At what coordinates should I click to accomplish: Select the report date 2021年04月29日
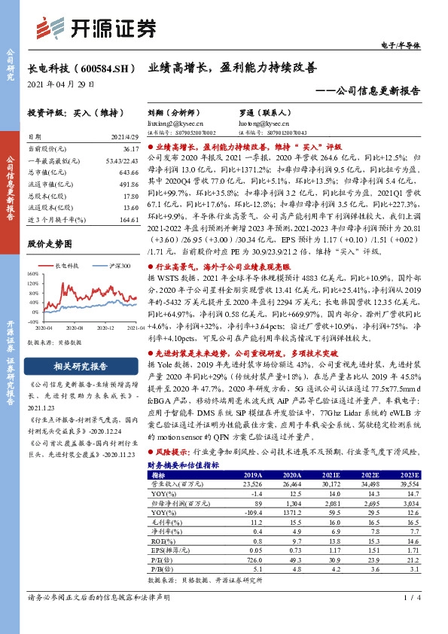(61, 84)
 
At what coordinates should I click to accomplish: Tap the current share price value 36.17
(129, 150)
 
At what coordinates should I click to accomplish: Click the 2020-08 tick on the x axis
(74, 328)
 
